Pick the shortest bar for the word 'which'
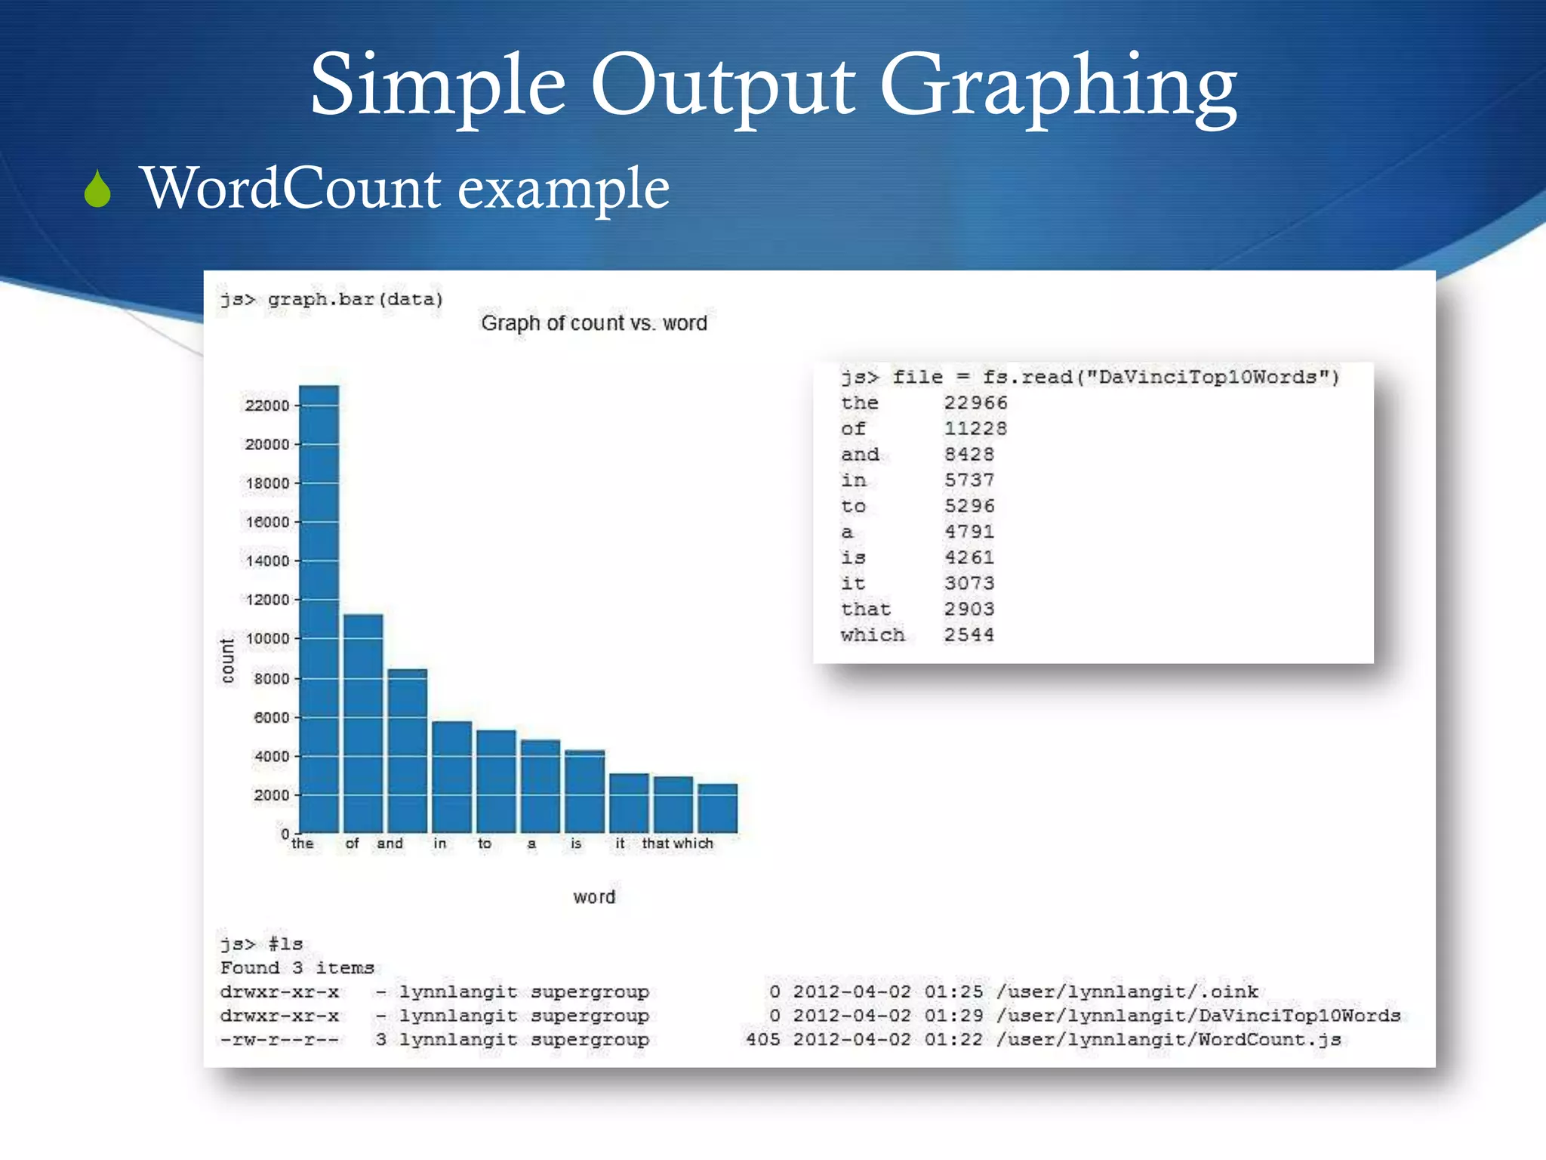(x=717, y=808)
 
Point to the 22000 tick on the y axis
(x=266, y=406)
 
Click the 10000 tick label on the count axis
(x=266, y=639)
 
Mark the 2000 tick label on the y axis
(x=271, y=795)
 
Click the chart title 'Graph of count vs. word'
(x=594, y=323)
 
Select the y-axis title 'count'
(x=227, y=660)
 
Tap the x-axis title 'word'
(x=594, y=897)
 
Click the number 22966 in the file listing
(x=975, y=403)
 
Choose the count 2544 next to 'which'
(x=969, y=635)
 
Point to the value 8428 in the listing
(x=969, y=455)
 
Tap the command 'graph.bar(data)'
(x=355, y=300)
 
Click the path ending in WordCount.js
(x=1168, y=1040)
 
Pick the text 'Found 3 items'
(x=297, y=968)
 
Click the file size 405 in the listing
(x=762, y=1040)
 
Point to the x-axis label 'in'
(x=440, y=844)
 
